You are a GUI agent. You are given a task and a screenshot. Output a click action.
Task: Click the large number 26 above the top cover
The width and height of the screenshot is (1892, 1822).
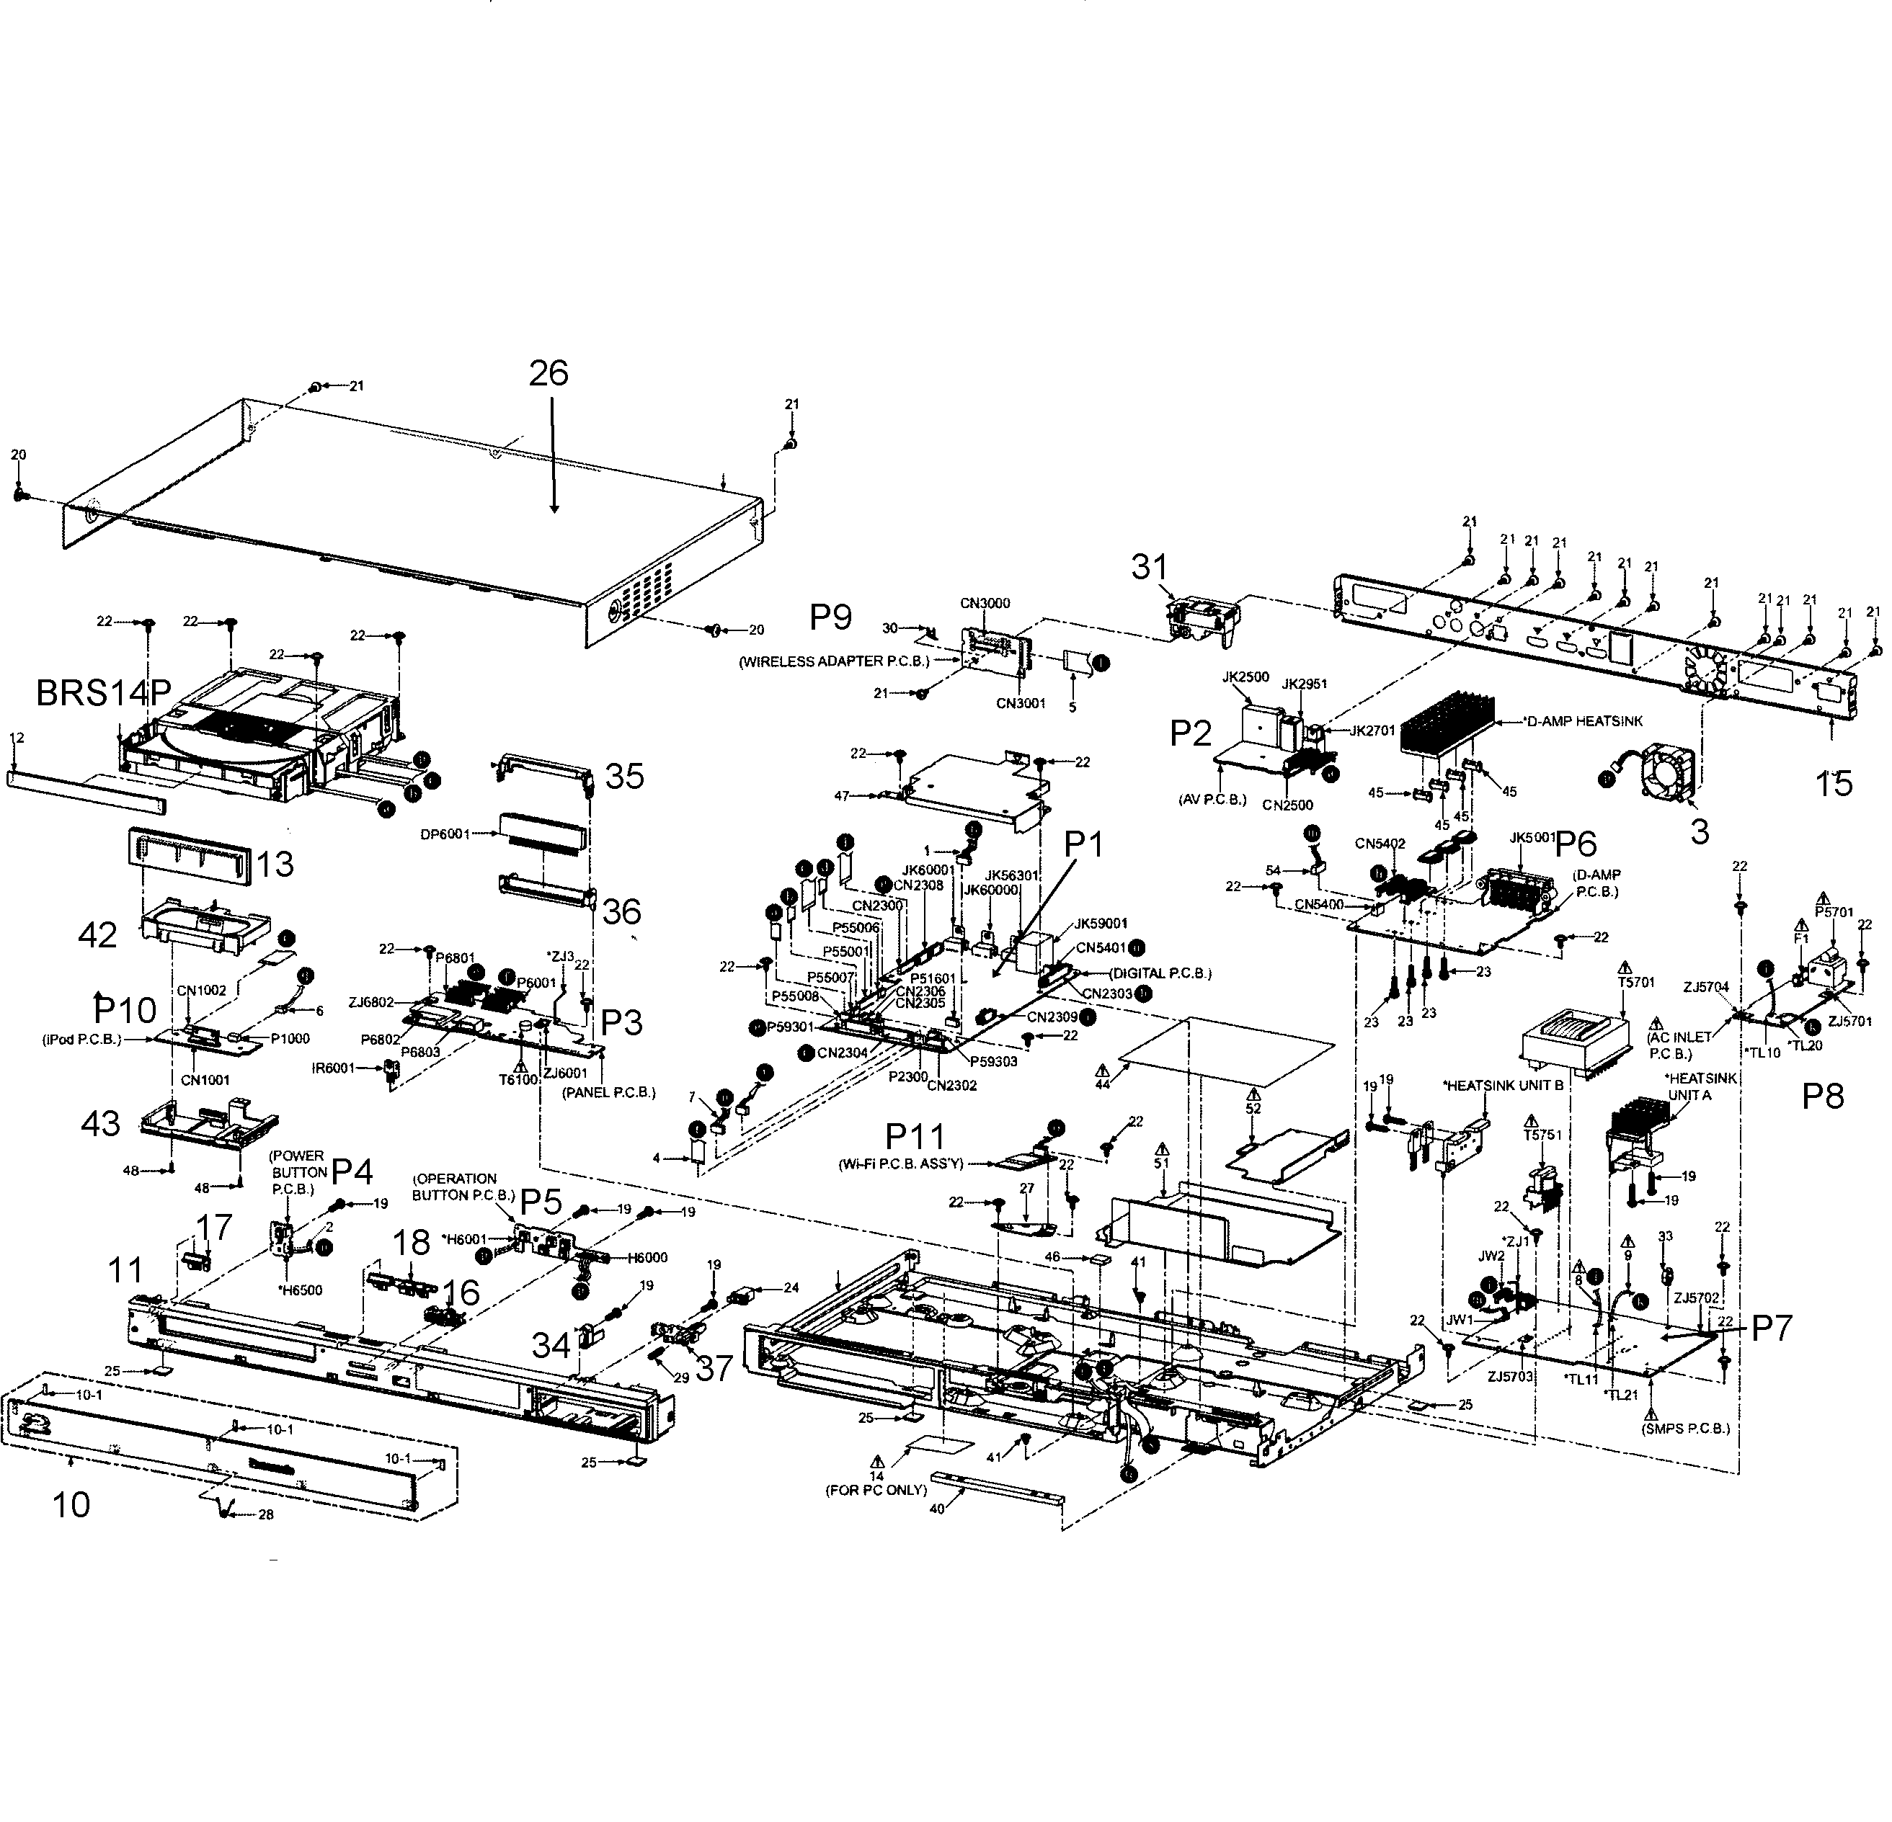point(548,372)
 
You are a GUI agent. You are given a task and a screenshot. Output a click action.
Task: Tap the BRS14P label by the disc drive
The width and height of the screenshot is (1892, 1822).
point(103,691)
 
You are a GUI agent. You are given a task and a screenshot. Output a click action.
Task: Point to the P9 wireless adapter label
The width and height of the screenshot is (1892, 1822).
point(830,617)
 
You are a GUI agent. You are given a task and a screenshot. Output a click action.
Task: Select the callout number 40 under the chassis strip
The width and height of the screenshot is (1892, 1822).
point(936,1509)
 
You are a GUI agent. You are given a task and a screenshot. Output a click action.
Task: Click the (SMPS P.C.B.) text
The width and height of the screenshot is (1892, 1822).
point(1685,1427)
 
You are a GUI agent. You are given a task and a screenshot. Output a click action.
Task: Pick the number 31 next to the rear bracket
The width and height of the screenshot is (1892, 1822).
point(1150,568)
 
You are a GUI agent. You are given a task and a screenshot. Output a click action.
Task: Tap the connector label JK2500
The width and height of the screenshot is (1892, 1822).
point(1245,677)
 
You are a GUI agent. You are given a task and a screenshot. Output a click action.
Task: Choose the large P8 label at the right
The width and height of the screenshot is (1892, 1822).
point(1823,1097)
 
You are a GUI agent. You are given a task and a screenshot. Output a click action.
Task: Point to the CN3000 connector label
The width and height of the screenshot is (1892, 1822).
point(985,603)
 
